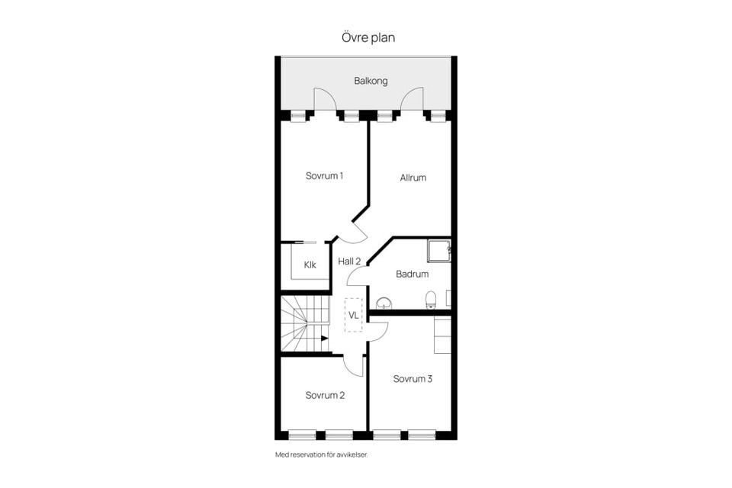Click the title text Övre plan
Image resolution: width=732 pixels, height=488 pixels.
[x=367, y=37]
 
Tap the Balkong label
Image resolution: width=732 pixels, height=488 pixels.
[x=371, y=81]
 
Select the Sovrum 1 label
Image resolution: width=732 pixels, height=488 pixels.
[x=324, y=176]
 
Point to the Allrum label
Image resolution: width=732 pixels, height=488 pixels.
[x=413, y=178]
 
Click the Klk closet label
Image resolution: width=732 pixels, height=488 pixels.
[x=310, y=265]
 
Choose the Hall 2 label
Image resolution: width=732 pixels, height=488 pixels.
[x=349, y=261]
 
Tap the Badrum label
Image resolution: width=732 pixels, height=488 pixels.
[x=412, y=274]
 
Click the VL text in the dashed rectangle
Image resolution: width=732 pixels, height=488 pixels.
[x=353, y=314]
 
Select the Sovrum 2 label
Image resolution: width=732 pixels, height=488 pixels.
[x=325, y=395]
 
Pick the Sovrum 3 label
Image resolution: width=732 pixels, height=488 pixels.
[x=413, y=378]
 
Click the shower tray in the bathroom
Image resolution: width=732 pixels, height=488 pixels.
[x=438, y=251]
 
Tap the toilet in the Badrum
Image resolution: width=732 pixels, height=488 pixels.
[x=431, y=299]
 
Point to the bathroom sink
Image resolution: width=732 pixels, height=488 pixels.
[x=384, y=303]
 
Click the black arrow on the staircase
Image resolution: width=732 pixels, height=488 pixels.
[x=324, y=338]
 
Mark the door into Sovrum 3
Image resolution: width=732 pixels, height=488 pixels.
[x=378, y=329]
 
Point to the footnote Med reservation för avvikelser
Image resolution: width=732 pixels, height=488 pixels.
[x=326, y=454]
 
